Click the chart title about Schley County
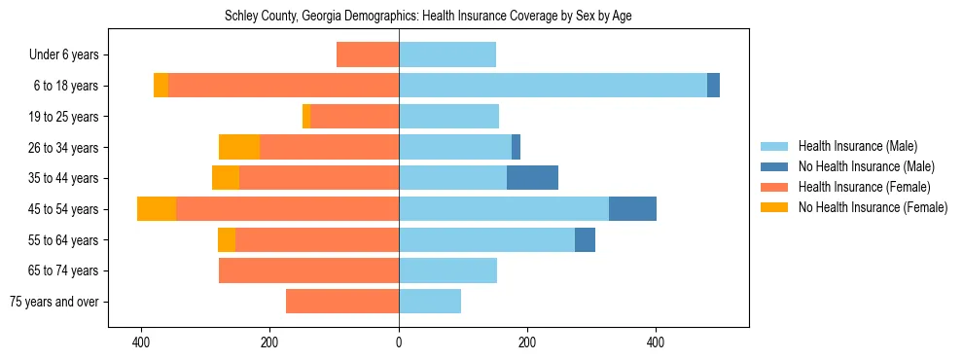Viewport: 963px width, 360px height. point(428,17)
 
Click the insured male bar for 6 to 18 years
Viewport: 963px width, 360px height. point(553,86)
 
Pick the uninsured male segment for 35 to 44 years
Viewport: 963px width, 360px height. point(532,178)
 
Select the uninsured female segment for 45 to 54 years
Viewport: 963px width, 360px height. point(157,209)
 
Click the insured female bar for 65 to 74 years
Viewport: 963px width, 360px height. point(308,270)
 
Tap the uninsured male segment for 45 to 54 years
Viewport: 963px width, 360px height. point(632,209)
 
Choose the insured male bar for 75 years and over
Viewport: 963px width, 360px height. point(430,302)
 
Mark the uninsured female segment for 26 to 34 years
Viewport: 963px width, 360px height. point(239,147)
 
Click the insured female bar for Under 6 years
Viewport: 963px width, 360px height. point(368,54)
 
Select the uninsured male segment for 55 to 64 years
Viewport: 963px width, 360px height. point(585,239)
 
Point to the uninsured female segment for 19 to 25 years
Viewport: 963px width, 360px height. point(306,117)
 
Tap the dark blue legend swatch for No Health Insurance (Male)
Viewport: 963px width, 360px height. point(774,166)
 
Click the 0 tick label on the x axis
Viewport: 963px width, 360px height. point(399,342)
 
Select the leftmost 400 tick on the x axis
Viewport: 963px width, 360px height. point(142,342)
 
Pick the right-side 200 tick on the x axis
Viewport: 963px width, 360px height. point(527,342)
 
